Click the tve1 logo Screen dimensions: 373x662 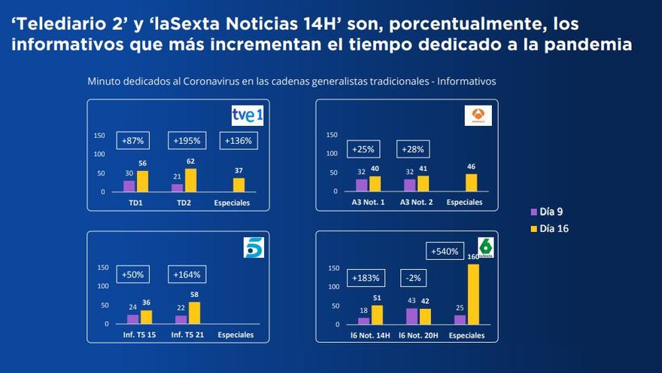(x=247, y=115)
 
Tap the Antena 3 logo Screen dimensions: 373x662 (x=478, y=115)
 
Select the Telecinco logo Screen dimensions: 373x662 (x=254, y=247)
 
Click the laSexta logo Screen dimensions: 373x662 (x=485, y=247)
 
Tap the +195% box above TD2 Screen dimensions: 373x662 (x=187, y=140)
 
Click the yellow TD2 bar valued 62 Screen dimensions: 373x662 (x=191, y=180)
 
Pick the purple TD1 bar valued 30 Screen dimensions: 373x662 (x=129, y=186)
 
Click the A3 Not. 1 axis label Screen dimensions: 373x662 (x=369, y=203)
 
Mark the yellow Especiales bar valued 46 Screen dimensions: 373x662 (x=471, y=182)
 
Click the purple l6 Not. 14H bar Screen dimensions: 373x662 (x=363, y=320)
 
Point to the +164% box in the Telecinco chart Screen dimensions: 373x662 (x=187, y=274)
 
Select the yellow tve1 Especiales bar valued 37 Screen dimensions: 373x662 (x=239, y=185)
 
